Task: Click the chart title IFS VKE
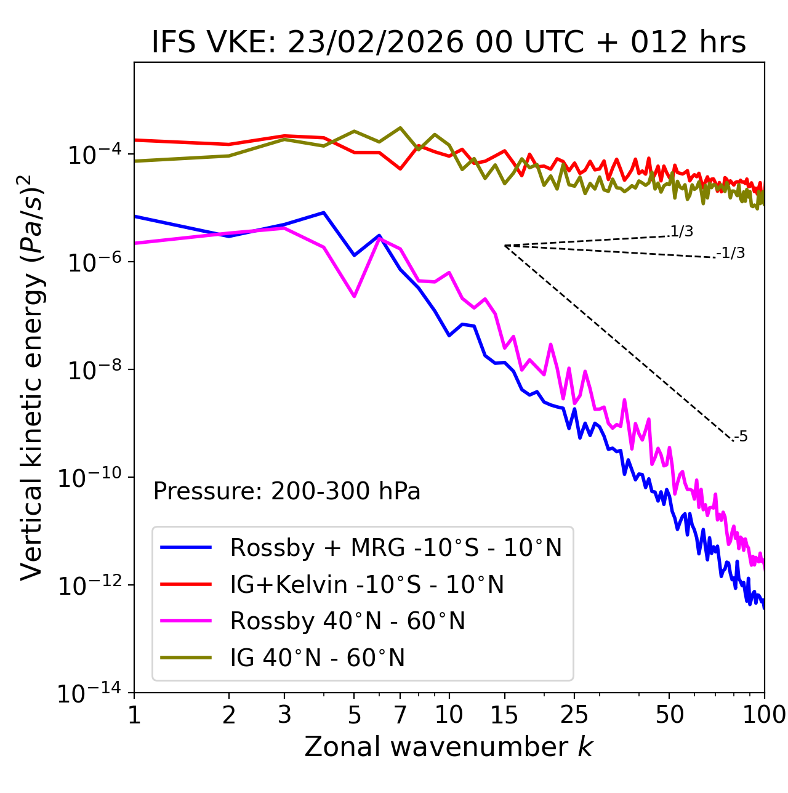pos(448,43)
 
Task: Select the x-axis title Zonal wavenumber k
pos(448,747)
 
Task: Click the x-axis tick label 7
pos(400,715)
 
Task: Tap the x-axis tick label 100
pos(764,715)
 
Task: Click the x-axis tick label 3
pos(284,715)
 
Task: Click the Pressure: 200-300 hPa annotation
pos(286,491)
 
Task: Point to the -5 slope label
pos(741,437)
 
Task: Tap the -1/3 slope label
pos(731,253)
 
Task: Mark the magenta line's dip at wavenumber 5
pos(354,296)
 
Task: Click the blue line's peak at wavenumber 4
pos(324,212)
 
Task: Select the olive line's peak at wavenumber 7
pos(400,128)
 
